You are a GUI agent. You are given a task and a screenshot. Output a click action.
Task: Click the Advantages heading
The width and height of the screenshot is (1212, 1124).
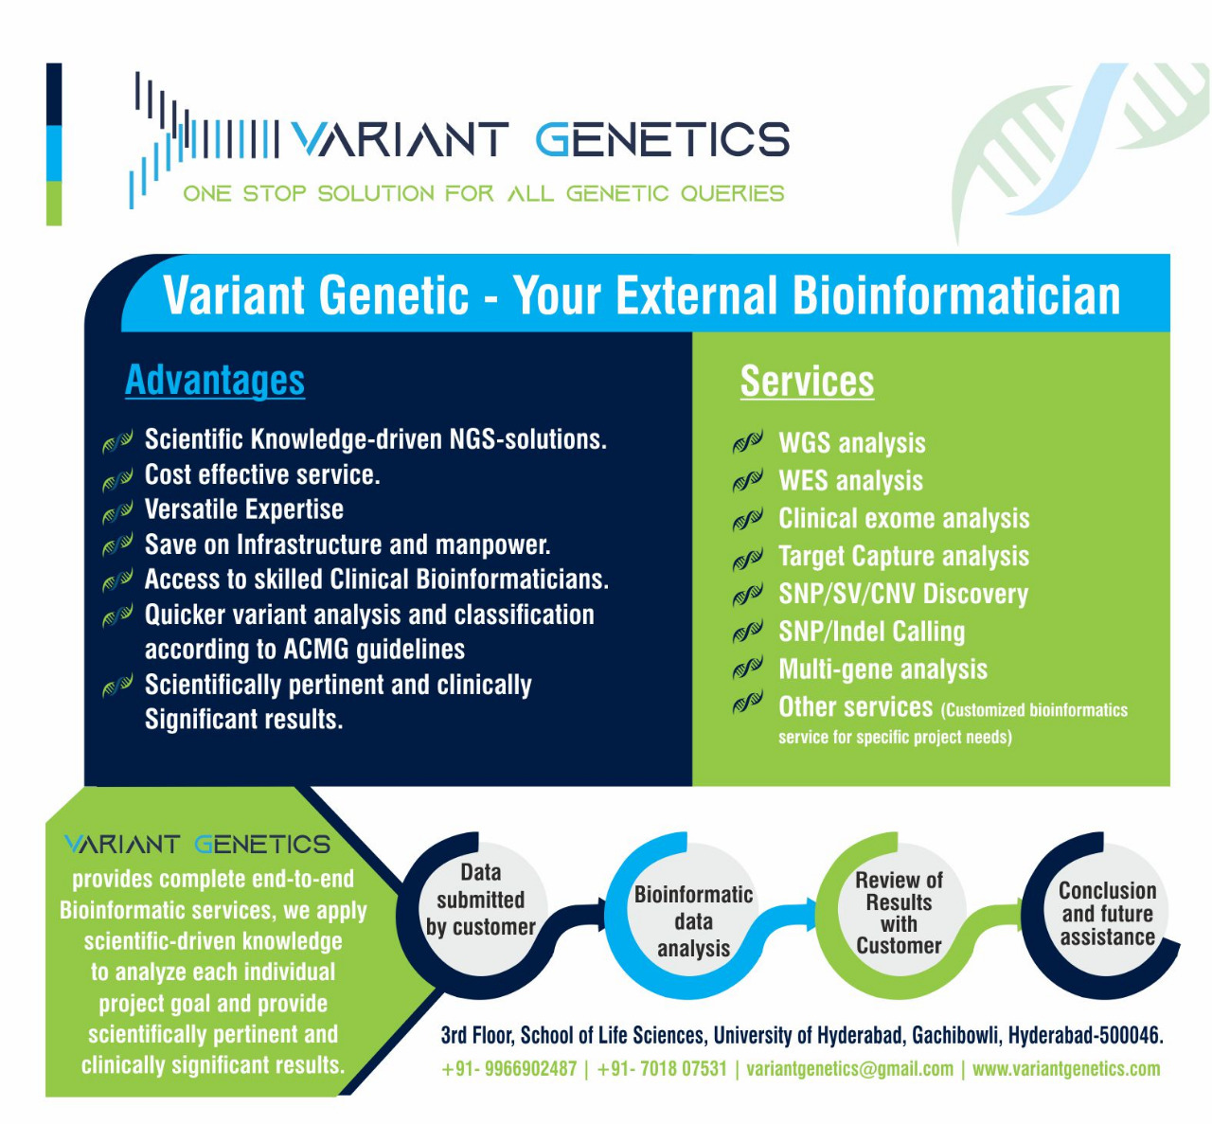click(x=215, y=381)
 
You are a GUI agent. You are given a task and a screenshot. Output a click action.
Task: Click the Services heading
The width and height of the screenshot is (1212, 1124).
click(x=807, y=382)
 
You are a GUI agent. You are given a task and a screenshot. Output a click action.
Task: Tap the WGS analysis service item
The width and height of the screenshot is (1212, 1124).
click(x=851, y=443)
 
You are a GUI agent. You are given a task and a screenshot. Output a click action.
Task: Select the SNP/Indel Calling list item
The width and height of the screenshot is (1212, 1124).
click(x=871, y=632)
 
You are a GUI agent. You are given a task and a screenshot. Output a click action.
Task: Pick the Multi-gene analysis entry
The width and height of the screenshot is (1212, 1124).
click(x=882, y=669)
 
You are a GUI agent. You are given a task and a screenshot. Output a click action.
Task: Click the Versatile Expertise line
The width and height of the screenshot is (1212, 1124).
click(x=243, y=509)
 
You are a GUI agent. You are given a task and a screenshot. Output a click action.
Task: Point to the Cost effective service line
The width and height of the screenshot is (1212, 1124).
click(x=261, y=474)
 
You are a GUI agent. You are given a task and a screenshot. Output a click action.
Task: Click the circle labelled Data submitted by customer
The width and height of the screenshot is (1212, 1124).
click(x=480, y=900)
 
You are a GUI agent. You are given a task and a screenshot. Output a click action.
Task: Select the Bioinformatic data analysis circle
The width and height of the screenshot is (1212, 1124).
click(x=693, y=920)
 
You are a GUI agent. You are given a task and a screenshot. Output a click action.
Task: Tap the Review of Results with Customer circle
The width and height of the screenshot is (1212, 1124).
click(x=899, y=913)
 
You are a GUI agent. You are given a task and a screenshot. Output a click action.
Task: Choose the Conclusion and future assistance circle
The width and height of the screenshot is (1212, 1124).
click(x=1107, y=914)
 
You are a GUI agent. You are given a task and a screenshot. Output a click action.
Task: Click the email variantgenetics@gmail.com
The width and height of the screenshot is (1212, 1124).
click(x=849, y=1069)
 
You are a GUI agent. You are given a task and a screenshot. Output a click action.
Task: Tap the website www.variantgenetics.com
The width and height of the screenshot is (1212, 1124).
click(x=1065, y=1069)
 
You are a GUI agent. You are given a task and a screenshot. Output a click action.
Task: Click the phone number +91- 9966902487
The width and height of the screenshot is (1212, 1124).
click(x=509, y=1069)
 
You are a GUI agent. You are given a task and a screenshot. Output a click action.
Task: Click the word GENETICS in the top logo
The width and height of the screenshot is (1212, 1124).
click(x=662, y=140)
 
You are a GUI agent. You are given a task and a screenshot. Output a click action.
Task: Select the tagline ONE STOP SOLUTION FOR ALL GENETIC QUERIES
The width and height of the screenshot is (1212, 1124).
click(x=483, y=194)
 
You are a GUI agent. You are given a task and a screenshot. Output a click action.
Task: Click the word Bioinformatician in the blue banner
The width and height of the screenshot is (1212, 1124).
click(x=956, y=295)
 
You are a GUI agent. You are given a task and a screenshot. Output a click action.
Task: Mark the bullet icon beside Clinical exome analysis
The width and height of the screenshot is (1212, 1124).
click(x=747, y=520)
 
